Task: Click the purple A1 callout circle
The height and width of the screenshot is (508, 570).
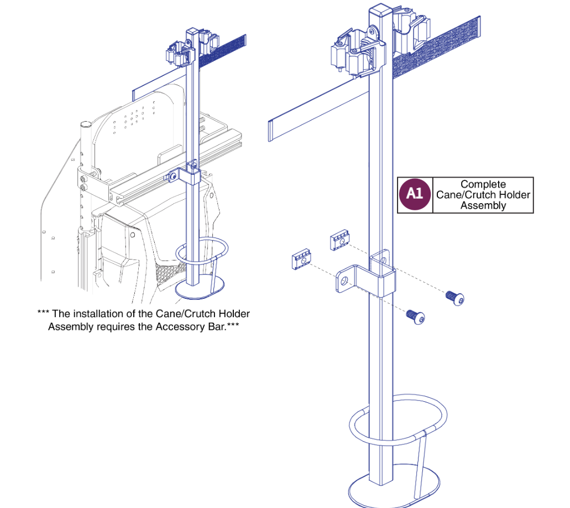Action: pyautogui.click(x=415, y=195)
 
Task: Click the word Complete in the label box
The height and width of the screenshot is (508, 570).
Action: pyautogui.click(x=483, y=184)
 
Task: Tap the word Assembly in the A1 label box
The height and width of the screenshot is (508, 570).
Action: pyautogui.click(x=483, y=206)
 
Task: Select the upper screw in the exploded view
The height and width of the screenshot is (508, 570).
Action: pyautogui.click(x=455, y=298)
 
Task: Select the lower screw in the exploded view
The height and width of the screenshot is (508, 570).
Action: pyautogui.click(x=416, y=317)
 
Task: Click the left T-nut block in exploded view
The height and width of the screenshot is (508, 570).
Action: pyautogui.click(x=301, y=259)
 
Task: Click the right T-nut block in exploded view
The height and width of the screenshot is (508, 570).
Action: pyautogui.click(x=339, y=242)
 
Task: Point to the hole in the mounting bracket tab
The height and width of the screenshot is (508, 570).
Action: pyautogui.click(x=344, y=281)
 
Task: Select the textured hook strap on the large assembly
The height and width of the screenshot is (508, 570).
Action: pyautogui.click(x=437, y=53)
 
